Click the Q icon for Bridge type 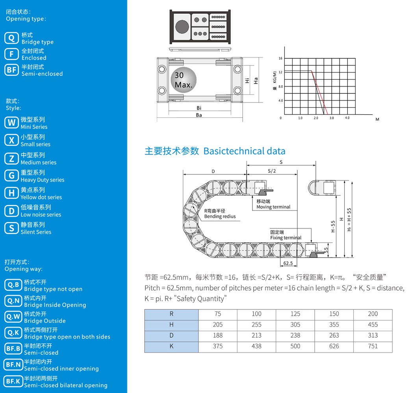(11, 38)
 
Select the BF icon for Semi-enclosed (11, 70)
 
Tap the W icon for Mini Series (11, 123)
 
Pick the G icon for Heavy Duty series (11, 176)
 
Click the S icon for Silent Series (11, 228)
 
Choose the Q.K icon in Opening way (13, 333)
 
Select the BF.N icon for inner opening (13, 365)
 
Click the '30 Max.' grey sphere (184, 80)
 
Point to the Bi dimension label (199, 108)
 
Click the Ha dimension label (256, 81)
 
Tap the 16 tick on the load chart (280, 58)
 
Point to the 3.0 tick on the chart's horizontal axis (332, 118)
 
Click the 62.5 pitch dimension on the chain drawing (288, 263)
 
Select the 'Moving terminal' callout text (273, 207)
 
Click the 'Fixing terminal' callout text (286, 238)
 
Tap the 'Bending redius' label (220, 216)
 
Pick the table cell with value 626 (334, 346)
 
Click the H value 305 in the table (295, 324)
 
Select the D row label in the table (171, 335)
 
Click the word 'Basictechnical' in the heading (234, 151)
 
